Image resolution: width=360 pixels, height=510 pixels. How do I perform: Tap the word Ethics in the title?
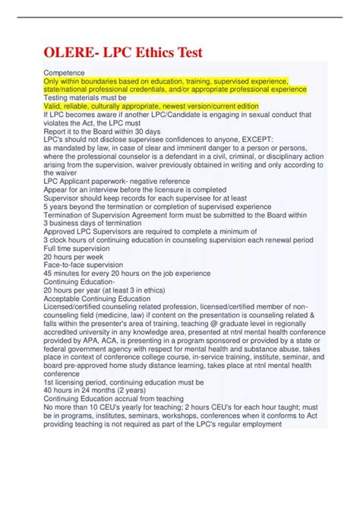coord(157,52)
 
